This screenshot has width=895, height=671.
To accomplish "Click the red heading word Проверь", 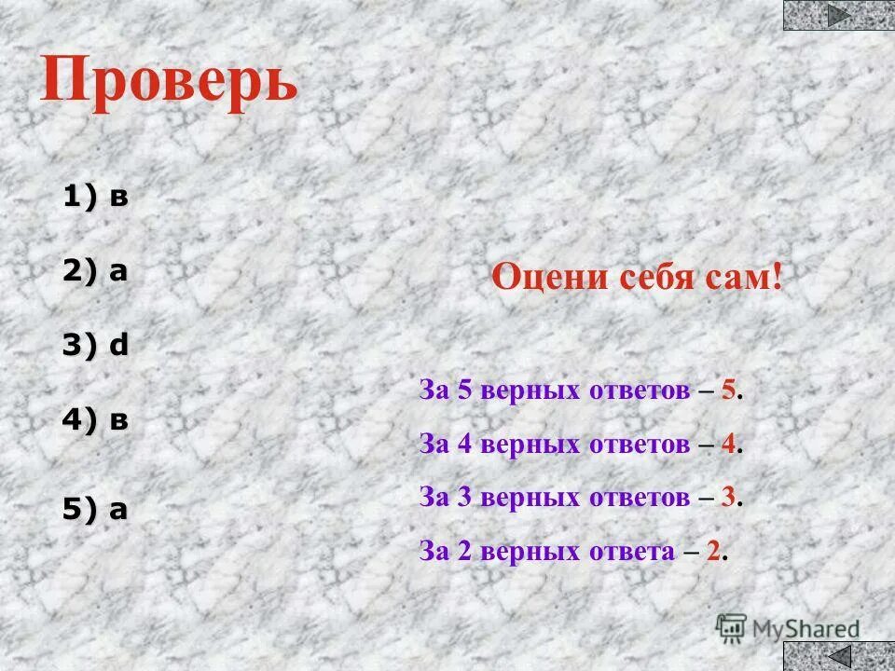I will [x=169, y=81].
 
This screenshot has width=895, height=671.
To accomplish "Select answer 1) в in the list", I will [x=95, y=197].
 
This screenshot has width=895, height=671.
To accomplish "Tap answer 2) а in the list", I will [x=95, y=271].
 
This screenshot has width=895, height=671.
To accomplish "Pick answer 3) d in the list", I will [x=95, y=346].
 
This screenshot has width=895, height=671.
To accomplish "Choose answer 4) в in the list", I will [x=95, y=420].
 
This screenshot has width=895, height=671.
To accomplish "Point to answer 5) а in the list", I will [x=95, y=509].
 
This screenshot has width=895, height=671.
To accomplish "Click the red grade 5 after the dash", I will [x=728, y=391].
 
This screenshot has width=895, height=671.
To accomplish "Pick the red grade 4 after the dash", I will [x=728, y=445].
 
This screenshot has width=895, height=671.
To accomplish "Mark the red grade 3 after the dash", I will [x=728, y=498].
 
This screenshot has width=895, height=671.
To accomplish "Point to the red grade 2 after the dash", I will [x=713, y=551].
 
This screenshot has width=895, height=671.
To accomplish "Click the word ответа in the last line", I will [x=629, y=551].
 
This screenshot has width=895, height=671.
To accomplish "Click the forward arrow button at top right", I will [x=839, y=15].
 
